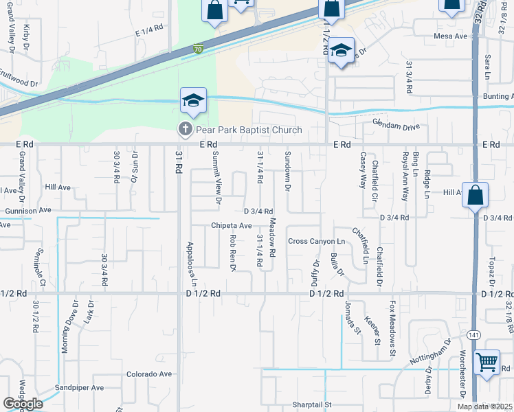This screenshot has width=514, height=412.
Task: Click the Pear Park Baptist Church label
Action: (x=249, y=130)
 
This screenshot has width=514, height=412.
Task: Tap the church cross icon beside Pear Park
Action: (x=185, y=129)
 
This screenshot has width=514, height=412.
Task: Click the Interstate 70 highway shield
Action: (x=198, y=49)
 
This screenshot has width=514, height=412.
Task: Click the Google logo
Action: (x=23, y=404)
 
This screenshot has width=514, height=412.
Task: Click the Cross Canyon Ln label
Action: (x=316, y=241)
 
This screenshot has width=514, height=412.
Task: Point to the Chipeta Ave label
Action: (x=232, y=226)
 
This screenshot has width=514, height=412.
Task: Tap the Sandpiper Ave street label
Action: (x=80, y=387)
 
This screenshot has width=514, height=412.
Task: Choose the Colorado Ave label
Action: (x=148, y=374)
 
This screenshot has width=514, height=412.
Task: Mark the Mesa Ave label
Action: (x=450, y=35)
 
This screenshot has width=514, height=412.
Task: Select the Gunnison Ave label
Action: (x=28, y=210)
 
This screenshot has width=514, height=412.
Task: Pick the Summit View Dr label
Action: (x=217, y=177)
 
